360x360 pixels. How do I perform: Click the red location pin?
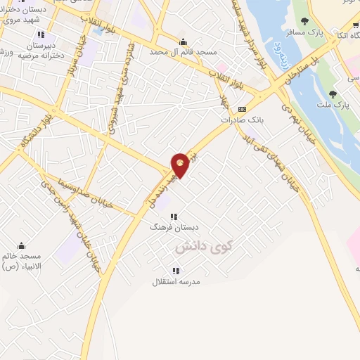click(x=181, y=165)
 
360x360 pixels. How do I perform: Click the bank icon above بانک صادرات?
click(x=243, y=109)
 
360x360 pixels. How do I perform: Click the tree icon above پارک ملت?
click(x=332, y=94)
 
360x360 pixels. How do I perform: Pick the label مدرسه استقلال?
click(x=176, y=282)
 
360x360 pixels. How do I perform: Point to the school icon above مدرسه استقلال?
click(x=176, y=271)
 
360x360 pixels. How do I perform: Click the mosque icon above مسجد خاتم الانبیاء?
click(x=21, y=245)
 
